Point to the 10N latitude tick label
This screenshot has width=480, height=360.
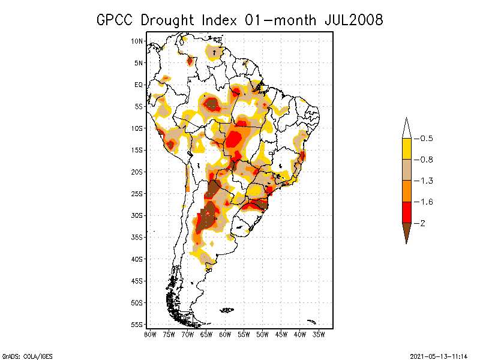point(137,41)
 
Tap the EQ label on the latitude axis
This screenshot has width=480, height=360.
point(138,85)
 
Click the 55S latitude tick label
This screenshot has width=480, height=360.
point(137,325)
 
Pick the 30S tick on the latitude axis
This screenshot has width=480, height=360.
point(137,215)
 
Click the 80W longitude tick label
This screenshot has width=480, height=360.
point(150,334)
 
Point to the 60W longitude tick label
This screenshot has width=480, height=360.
point(225,334)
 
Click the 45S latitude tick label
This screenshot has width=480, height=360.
point(137,281)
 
